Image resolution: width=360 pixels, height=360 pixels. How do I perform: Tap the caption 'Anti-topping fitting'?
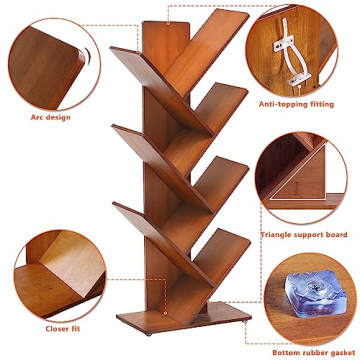coord(299,103)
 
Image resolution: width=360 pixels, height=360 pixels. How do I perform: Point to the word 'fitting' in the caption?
coord(327,103)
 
